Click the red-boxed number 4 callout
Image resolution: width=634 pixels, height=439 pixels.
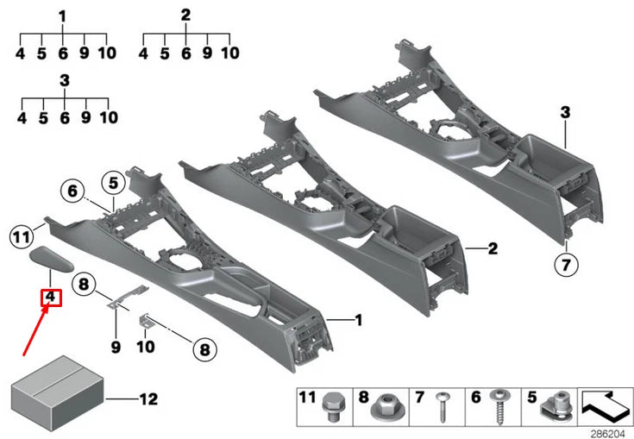tap(52, 298)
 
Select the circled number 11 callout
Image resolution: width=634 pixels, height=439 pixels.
tap(22, 233)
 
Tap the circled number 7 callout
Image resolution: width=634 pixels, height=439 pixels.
tap(565, 265)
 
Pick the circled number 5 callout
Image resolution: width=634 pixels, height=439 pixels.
tap(111, 182)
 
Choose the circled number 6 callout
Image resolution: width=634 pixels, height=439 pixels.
tap(72, 190)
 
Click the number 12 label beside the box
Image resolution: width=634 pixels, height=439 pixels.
tap(149, 399)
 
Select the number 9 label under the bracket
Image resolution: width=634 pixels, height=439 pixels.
tap(116, 348)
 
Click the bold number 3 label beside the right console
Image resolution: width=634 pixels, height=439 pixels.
tap(565, 112)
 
